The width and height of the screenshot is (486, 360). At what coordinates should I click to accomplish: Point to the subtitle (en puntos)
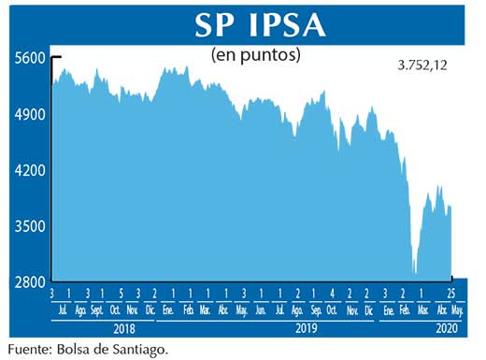click(x=256, y=56)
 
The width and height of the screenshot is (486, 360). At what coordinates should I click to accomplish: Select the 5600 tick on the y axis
click(x=29, y=58)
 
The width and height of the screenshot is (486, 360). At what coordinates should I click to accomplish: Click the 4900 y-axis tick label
click(x=29, y=115)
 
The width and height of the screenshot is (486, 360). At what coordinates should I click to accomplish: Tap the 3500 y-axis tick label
click(x=29, y=226)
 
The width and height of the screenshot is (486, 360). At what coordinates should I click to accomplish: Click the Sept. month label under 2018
click(x=97, y=310)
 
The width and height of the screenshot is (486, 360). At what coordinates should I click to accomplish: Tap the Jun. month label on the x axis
click(x=261, y=310)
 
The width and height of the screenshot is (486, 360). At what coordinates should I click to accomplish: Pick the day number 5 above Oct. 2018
click(x=121, y=295)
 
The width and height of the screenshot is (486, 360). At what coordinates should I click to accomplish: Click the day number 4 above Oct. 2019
click(x=332, y=295)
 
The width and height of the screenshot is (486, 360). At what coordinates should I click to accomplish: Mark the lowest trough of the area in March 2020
click(x=414, y=274)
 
